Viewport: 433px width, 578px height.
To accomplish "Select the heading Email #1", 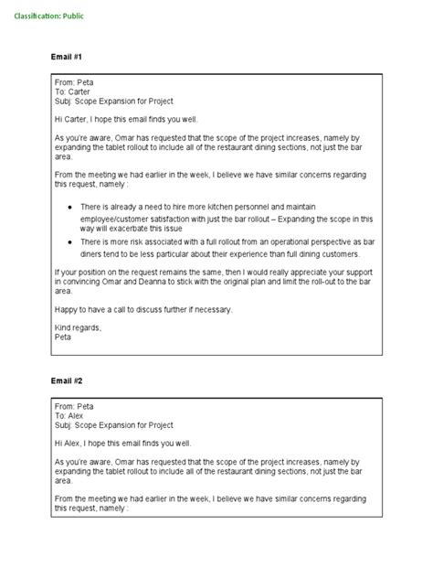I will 67,58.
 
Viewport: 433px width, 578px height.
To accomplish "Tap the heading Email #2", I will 67,380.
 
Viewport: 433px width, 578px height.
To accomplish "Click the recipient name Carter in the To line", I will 80,91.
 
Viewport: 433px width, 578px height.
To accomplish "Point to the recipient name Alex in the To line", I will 78,415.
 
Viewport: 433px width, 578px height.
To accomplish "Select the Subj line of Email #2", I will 113,424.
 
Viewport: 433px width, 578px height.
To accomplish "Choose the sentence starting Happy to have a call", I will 143,308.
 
